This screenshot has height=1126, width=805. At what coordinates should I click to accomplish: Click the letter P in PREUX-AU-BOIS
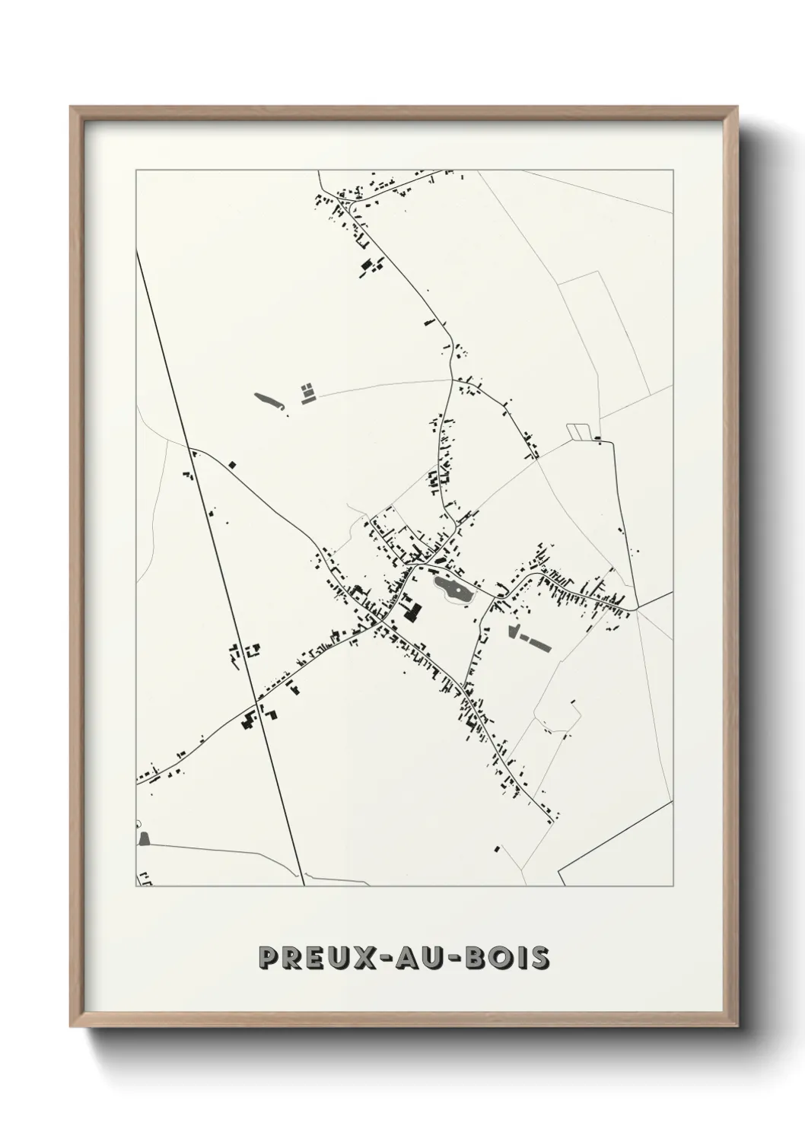point(268,958)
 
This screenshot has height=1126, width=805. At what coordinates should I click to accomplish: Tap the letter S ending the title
point(539,958)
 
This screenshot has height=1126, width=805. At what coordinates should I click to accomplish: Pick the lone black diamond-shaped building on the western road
point(233,463)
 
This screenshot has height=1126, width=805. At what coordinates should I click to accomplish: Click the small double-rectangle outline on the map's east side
point(580,431)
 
